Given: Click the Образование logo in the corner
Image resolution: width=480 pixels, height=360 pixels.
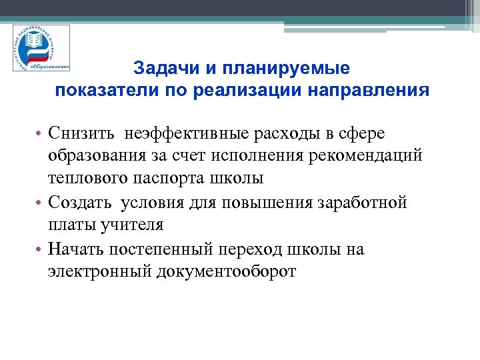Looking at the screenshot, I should pos(42,48).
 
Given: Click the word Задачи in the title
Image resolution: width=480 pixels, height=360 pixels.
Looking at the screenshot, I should pos(161,68).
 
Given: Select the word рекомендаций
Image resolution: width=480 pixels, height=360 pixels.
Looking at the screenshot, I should pos(367,156).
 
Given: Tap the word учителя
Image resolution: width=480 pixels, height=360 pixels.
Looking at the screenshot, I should pos(133,225).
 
